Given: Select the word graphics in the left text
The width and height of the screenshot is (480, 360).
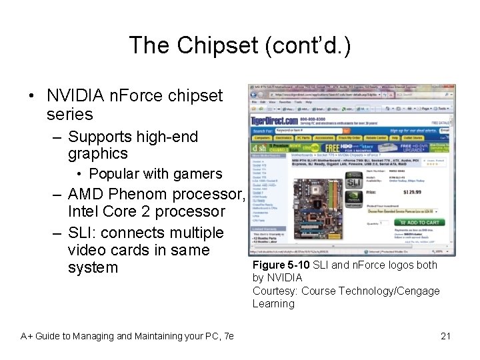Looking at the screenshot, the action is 97,154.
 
